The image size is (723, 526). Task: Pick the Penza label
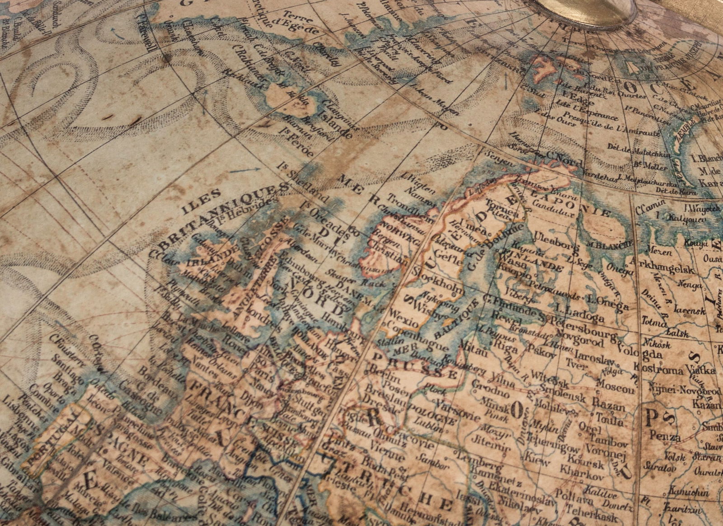point(665,437)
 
